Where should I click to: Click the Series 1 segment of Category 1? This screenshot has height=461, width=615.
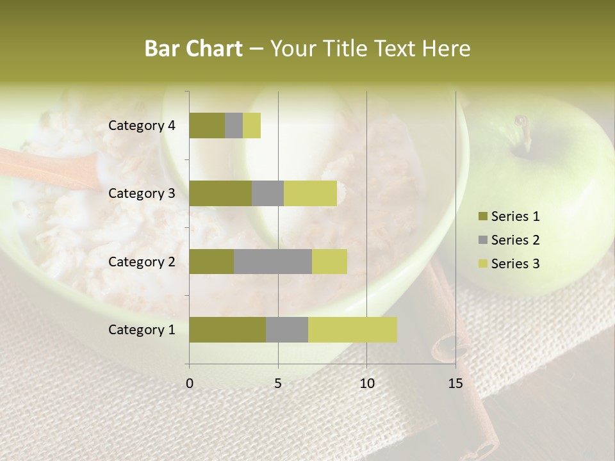(x=227, y=330)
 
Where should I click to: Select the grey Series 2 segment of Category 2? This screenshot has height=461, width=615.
(x=273, y=261)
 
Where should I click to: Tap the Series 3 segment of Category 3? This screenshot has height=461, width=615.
(x=310, y=193)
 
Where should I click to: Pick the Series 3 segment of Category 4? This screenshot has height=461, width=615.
(x=252, y=125)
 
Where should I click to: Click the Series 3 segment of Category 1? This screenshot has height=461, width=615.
(x=352, y=330)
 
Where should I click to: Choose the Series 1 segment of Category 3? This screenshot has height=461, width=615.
(x=220, y=193)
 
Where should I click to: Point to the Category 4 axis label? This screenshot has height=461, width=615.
(x=142, y=125)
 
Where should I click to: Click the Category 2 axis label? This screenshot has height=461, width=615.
(x=142, y=261)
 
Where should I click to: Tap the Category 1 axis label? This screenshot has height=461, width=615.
(x=142, y=330)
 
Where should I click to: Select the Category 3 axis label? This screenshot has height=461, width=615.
(x=142, y=193)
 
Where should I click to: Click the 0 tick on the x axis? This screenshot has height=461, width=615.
(x=190, y=384)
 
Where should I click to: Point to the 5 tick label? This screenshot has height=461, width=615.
(x=278, y=384)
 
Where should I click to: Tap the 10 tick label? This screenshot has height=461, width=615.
(x=366, y=384)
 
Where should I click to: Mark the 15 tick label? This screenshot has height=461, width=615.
(x=455, y=384)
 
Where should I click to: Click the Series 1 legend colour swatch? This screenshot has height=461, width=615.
(x=483, y=216)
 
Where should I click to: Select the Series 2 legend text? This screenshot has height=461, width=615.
(x=515, y=240)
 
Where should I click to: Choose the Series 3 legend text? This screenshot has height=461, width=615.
(x=515, y=264)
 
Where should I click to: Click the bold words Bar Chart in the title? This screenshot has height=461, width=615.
(x=193, y=49)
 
